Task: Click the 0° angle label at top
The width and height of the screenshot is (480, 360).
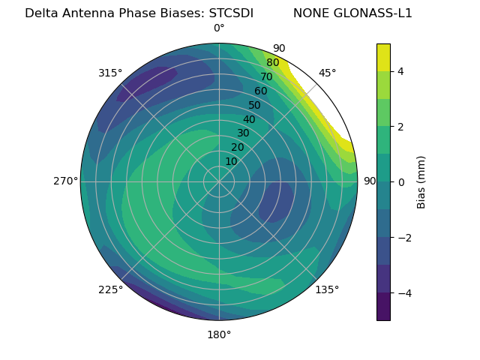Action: click(x=219, y=28)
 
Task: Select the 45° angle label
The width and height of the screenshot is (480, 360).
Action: click(x=327, y=73)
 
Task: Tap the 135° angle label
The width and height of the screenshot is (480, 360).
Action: click(x=327, y=289)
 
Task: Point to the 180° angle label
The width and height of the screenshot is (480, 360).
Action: click(x=219, y=334)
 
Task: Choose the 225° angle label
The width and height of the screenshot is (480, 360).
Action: click(x=110, y=289)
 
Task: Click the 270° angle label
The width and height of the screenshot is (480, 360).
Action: click(x=65, y=181)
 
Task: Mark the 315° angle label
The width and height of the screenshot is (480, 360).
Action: click(x=110, y=73)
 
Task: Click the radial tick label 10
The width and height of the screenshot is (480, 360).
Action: click(x=231, y=161)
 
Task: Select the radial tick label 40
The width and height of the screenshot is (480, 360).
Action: click(x=249, y=119)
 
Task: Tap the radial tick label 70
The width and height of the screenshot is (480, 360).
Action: click(x=266, y=76)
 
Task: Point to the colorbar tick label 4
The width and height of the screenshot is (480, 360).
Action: click(x=400, y=71)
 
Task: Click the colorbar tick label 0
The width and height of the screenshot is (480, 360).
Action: click(x=400, y=182)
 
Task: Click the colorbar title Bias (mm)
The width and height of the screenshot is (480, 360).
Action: click(x=421, y=182)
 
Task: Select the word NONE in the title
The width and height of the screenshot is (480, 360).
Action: click(x=311, y=13)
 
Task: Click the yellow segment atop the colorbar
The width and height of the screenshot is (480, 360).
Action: click(x=383, y=57)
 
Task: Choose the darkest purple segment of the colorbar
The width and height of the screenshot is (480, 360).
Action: click(x=383, y=306)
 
